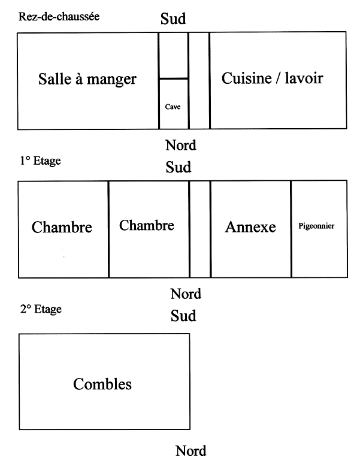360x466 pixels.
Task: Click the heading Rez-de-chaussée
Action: (x=59, y=17)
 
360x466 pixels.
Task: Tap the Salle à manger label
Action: (x=87, y=79)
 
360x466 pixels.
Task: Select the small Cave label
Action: (x=173, y=107)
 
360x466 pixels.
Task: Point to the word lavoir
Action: (x=304, y=78)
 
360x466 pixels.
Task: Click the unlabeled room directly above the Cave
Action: (x=174, y=56)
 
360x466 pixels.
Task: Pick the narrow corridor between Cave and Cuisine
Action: (x=199, y=80)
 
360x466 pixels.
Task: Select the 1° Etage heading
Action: (x=40, y=161)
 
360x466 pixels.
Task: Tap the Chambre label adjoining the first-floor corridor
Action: (x=147, y=225)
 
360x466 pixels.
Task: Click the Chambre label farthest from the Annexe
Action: (x=62, y=227)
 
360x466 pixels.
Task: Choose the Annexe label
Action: (x=250, y=227)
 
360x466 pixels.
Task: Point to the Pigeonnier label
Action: (x=316, y=226)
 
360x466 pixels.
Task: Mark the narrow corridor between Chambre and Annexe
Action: (x=200, y=229)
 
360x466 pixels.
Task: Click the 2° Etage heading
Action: (x=41, y=309)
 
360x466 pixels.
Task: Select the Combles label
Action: (x=102, y=384)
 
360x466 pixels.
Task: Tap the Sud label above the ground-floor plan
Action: (x=173, y=19)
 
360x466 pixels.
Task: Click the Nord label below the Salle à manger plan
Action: (x=181, y=146)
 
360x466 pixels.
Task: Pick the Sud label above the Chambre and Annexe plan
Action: (x=179, y=167)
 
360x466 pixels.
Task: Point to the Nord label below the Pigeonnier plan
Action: (x=186, y=294)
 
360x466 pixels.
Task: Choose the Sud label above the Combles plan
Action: (x=183, y=316)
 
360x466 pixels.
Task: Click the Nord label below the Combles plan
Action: (x=191, y=451)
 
